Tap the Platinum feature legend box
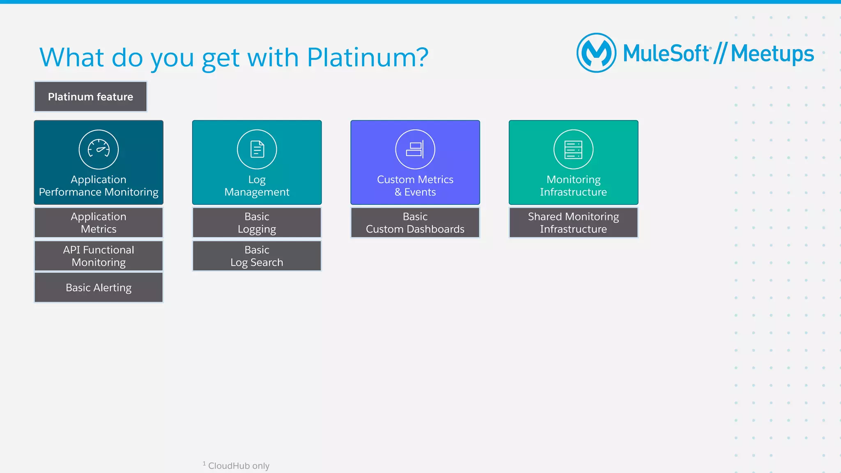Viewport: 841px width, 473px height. pyautogui.click(x=90, y=97)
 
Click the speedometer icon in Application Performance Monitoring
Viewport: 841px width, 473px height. pyautogui.click(x=99, y=149)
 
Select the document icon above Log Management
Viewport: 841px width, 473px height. pyautogui.click(x=257, y=149)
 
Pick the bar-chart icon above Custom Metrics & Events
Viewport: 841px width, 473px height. pyautogui.click(x=415, y=149)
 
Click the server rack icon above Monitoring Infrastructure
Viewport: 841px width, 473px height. pyautogui.click(x=573, y=149)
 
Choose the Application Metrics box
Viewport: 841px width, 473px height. pyautogui.click(x=99, y=223)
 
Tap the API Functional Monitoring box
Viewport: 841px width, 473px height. pyautogui.click(x=99, y=256)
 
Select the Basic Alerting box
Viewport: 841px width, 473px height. pyautogui.click(x=99, y=288)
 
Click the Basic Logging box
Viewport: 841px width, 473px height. pyautogui.click(x=257, y=223)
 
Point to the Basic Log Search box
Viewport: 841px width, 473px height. pyautogui.click(x=257, y=256)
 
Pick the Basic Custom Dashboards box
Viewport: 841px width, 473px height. pyautogui.click(x=415, y=223)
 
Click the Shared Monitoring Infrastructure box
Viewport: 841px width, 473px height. pyautogui.click(x=573, y=223)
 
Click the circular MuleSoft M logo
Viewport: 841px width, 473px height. pyautogui.click(x=596, y=53)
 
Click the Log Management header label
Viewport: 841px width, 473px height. pyautogui.click(x=257, y=186)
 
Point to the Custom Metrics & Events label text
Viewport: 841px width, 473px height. pyautogui.click(x=415, y=186)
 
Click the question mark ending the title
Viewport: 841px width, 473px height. pyautogui.click(x=421, y=57)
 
